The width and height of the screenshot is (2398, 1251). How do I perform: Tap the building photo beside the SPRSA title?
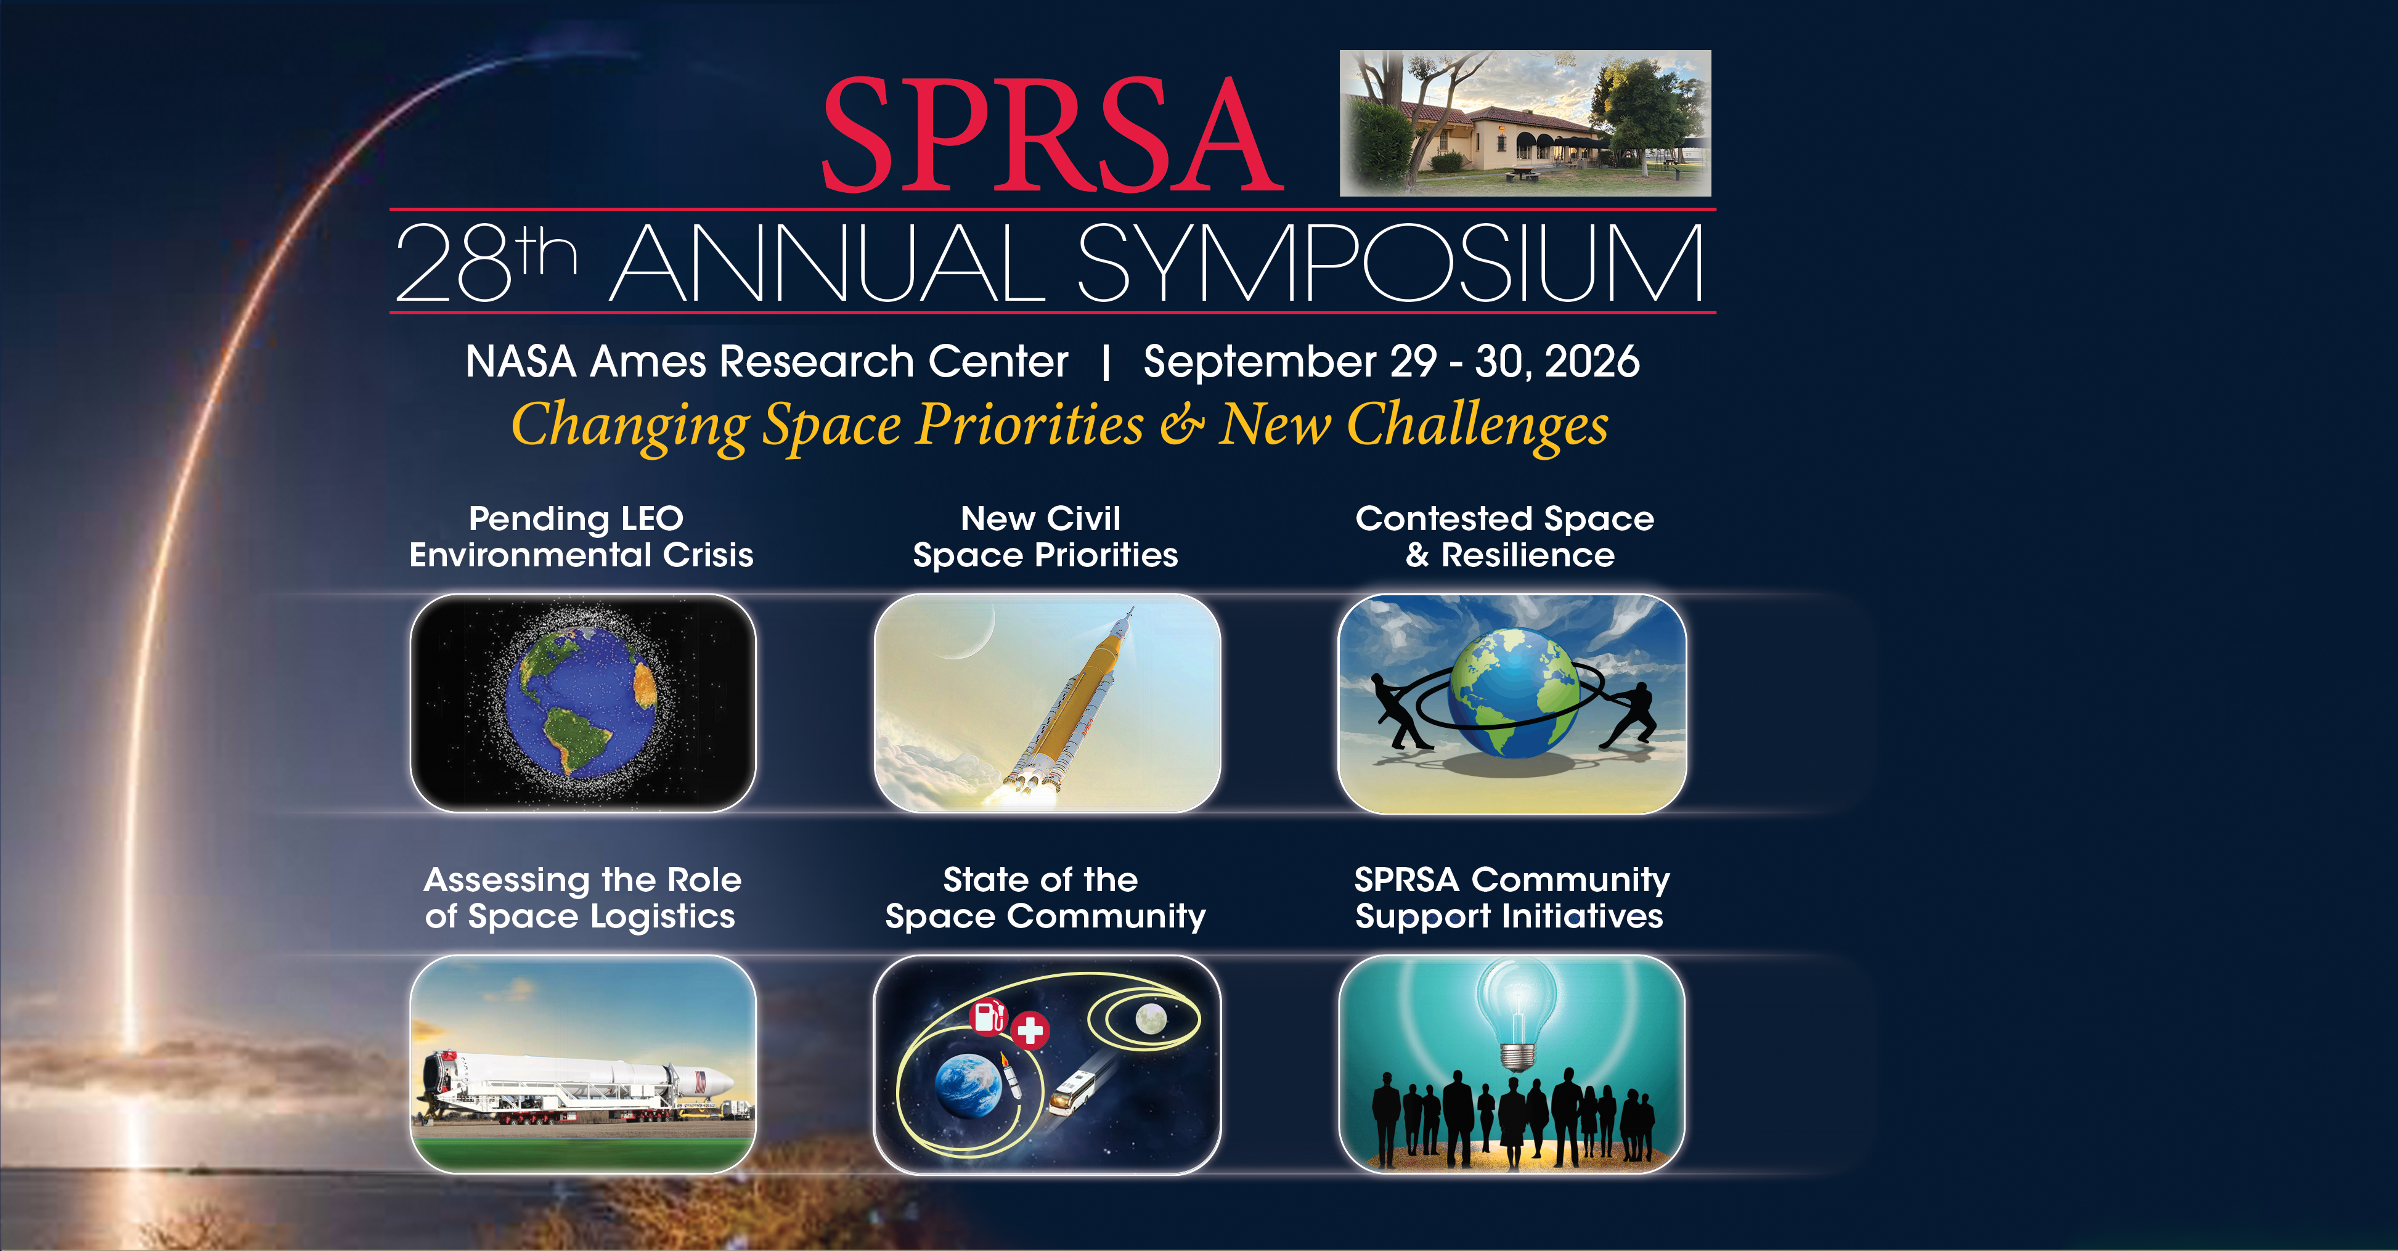pos(1525,123)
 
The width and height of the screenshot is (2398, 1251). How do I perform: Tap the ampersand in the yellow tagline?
pos(1181,425)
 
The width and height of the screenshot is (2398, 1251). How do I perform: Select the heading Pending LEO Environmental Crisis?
pos(581,536)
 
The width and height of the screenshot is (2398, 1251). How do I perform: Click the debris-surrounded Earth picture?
pos(583,703)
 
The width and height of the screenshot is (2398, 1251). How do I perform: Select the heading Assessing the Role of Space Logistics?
pos(581,899)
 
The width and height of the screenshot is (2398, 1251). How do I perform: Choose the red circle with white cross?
pos(1030,1030)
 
